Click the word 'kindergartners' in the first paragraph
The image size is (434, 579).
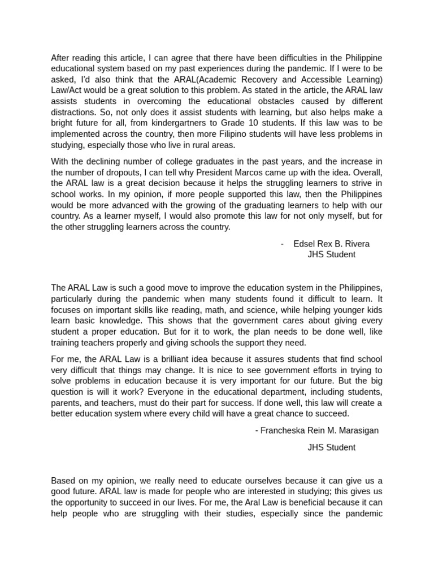(185, 122)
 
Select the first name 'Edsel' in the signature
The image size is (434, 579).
(305, 244)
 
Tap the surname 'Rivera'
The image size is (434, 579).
(357, 244)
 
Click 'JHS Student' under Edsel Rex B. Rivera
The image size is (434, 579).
(331, 254)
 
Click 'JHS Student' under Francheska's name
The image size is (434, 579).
(331, 447)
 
